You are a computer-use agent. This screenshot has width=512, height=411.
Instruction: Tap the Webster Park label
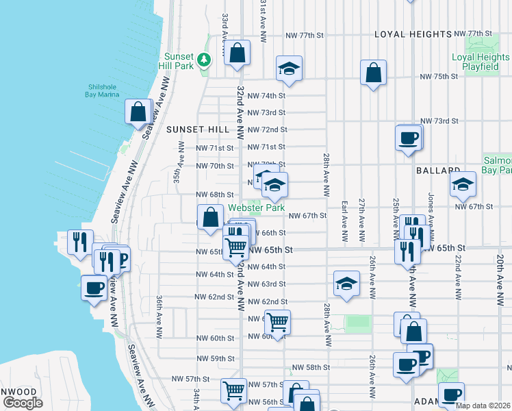coord(256,207)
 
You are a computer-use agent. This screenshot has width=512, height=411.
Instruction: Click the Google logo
coord(23,403)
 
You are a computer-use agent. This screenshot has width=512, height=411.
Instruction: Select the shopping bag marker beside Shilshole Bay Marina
coord(138,112)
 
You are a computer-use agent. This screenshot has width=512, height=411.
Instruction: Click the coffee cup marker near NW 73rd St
coord(408,137)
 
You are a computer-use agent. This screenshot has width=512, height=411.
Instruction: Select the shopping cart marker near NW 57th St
coord(233,390)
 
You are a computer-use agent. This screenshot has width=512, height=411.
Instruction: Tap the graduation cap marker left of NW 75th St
coord(290,68)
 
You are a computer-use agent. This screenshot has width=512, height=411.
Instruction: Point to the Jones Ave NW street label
coord(431,206)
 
